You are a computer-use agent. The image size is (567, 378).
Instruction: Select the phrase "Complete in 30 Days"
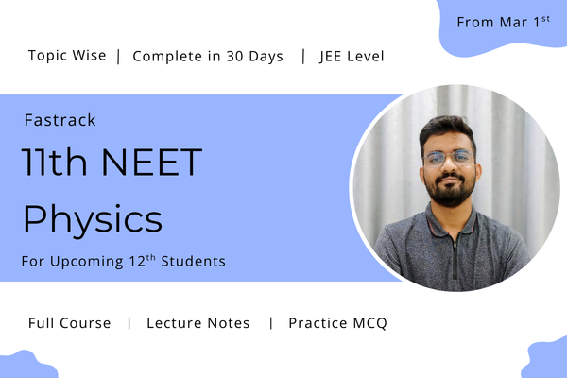point(208,56)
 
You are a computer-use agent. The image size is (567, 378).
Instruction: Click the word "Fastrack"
point(60,120)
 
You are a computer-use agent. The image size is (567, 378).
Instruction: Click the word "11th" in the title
point(53,164)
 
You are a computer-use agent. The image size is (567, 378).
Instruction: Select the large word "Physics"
point(93,219)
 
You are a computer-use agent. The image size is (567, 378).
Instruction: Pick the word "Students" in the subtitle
point(196,261)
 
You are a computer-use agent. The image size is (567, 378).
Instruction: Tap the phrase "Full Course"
point(69,323)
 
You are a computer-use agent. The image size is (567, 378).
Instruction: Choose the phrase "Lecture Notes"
point(198,323)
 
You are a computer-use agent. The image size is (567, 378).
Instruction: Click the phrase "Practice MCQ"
point(337,323)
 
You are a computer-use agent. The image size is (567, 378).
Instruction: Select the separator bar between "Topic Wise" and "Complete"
point(118,56)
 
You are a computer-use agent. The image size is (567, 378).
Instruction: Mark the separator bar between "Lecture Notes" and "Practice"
point(270,323)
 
